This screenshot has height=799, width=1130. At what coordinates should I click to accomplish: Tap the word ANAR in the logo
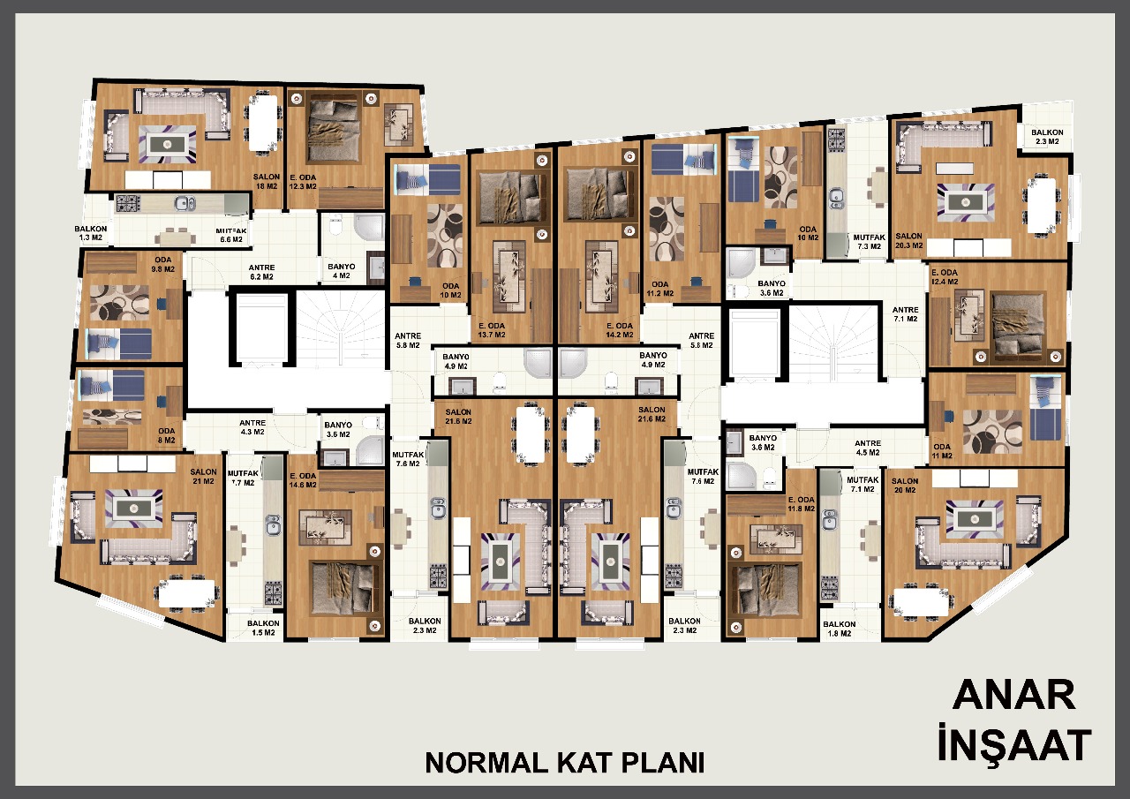1014,695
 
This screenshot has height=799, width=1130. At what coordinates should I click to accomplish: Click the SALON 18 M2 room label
267,182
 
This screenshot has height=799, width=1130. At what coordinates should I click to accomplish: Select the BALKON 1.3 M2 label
91,233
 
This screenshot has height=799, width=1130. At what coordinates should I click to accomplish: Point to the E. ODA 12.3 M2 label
303,182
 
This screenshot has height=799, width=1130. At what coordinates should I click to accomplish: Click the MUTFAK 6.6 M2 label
231,235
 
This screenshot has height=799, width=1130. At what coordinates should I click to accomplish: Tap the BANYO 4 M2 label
342,271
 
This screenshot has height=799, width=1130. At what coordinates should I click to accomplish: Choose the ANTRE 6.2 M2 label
261,273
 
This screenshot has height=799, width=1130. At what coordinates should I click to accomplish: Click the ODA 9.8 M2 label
163,264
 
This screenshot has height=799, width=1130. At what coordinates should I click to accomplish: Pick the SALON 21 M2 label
203,477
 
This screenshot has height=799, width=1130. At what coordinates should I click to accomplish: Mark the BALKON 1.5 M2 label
263,628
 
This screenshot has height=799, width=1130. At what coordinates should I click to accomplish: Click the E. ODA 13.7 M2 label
492,330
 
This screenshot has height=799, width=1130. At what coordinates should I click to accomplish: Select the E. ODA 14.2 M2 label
620,330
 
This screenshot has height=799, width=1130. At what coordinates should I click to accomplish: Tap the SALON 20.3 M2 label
909,241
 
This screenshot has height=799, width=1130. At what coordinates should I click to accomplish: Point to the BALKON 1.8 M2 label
840,629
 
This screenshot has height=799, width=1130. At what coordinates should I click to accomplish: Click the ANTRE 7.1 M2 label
906,314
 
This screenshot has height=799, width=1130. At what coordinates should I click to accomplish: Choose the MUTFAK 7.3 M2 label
870,242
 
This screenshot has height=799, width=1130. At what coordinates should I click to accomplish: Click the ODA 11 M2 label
942,451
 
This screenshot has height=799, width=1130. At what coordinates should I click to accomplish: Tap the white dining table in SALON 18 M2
263,123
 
